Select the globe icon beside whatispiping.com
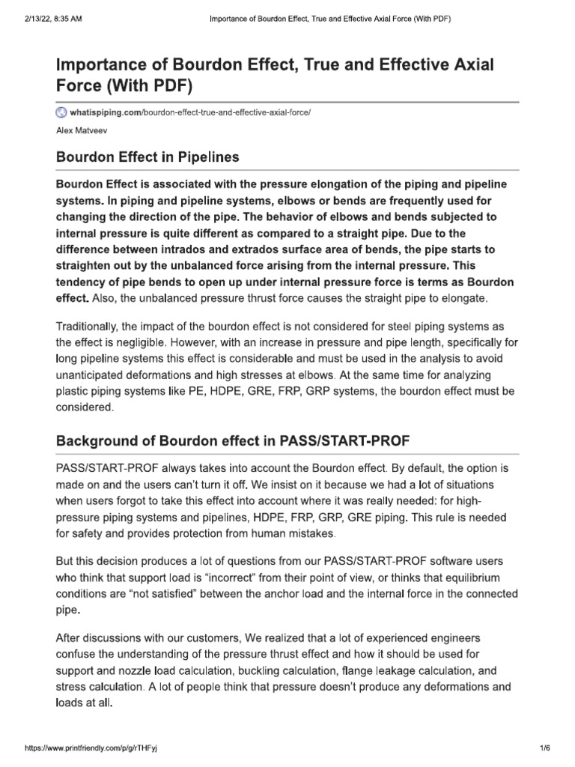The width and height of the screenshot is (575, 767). [x=61, y=112]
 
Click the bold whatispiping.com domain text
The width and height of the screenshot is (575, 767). [x=105, y=112]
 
